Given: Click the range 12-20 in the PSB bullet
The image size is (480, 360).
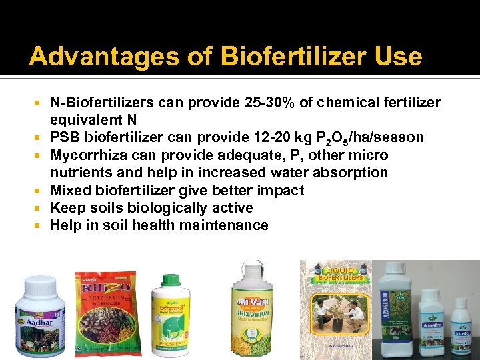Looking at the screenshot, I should [301, 138].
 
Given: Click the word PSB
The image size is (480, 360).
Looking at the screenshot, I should [65, 138].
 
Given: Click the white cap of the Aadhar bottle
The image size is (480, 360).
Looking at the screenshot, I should [41, 288].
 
